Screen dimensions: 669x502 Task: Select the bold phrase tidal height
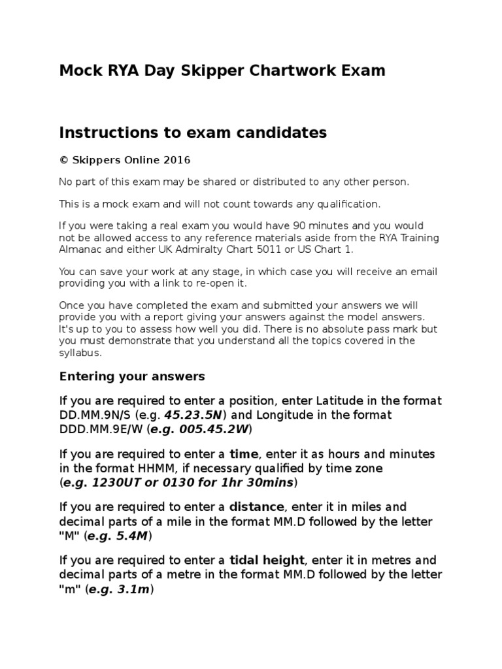[267, 561]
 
